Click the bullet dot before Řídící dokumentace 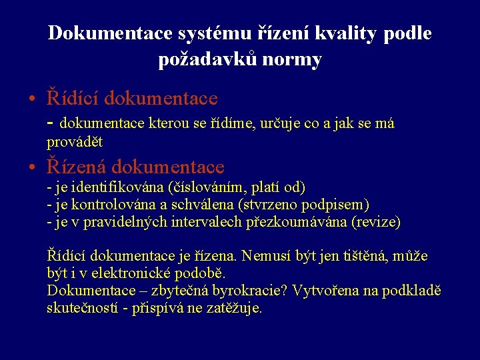32,99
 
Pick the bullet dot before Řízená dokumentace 32,167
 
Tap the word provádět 75,142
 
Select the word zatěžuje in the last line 237,308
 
